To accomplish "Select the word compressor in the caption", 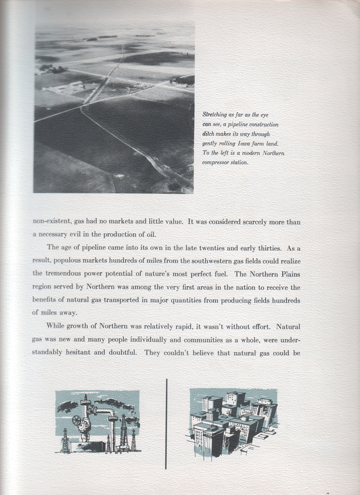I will [215, 163].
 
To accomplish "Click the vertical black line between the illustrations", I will [166, 423].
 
